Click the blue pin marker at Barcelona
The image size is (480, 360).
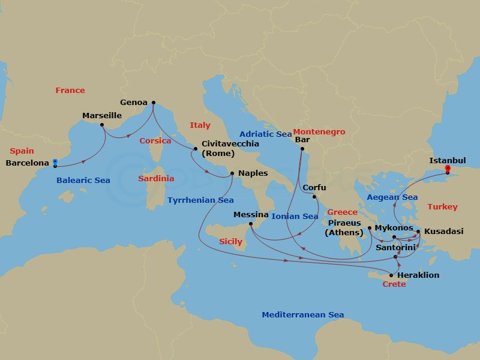[55, 162]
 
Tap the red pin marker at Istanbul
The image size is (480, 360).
[447, 170]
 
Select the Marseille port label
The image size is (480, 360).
[101, 115]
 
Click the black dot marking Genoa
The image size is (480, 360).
[153, 102]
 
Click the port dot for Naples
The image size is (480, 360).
[232, 174]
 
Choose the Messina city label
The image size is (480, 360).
[251, 214]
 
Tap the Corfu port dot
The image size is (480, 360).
[314, 196]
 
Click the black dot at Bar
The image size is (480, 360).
[302, 149]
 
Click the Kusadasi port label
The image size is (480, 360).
[443, 231]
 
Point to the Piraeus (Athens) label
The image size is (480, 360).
[343, 227]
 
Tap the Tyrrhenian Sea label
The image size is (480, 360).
[200, 200]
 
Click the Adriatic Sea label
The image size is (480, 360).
[265, 134]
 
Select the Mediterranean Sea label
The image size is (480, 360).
[302, 314]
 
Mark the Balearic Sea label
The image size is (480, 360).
[83, 180]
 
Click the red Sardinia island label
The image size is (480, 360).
[156, 178]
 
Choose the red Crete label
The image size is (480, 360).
[394, 284]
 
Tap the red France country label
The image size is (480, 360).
[70, 90]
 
